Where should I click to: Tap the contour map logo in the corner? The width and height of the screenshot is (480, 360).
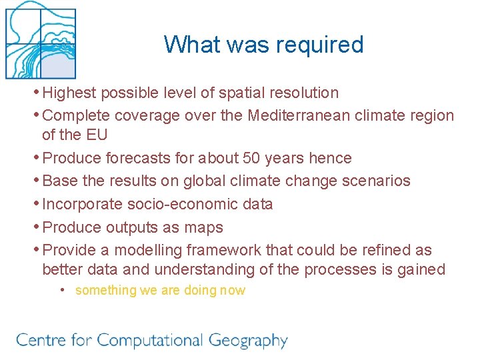(40, 40)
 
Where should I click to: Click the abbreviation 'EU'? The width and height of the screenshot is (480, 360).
(96, 135)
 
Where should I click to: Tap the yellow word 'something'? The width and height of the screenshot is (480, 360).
(105, 290)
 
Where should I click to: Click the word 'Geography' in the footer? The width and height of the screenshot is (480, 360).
(248, 341)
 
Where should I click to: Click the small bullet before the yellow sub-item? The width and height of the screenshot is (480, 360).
(61, 290)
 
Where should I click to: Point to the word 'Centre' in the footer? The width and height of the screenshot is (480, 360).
(39, 340)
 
